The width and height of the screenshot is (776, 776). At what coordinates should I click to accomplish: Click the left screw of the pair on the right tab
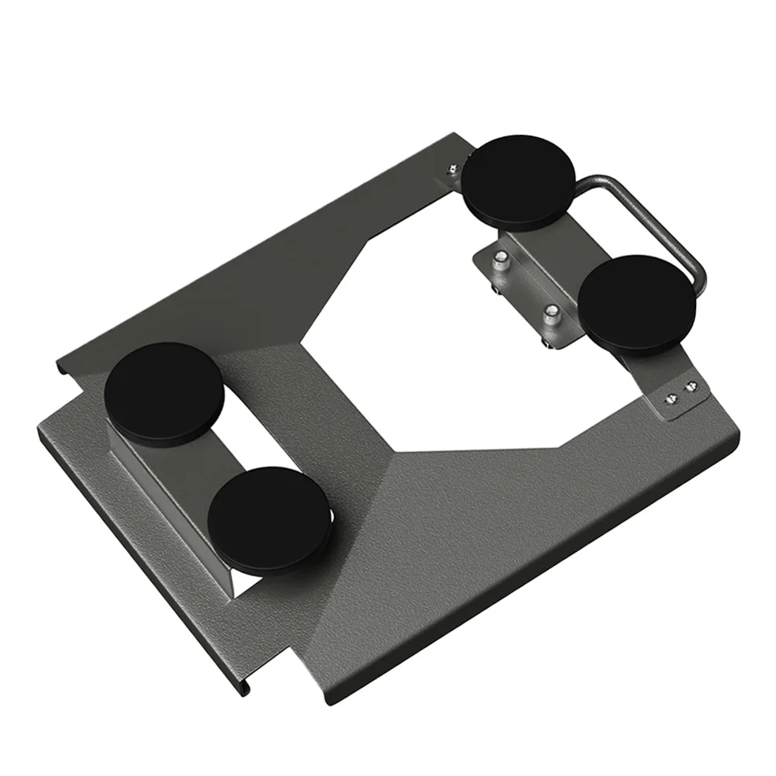point(671,396)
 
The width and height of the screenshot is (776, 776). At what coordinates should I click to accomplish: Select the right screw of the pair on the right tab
point(688,384)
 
